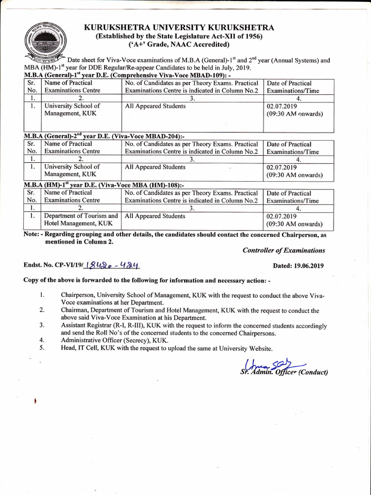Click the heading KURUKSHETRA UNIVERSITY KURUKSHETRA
pyautogui.click(x=179, y=28)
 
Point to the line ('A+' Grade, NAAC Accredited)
pyautogui.click(x=179, y=45)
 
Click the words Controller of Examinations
pyautogui.click(x=284, y=250)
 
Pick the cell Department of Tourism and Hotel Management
pyautogui.click(x=81, y=220)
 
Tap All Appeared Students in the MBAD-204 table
pyautogui.click(x=155, y=167)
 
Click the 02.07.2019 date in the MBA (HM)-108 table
pyautogui.click(x=282, y=216)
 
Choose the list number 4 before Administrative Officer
pyautogui.click(x=43, y=340)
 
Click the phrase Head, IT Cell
pyautogui.click(x=81, y=348)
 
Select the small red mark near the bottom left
pyautogui.click(x=36, y=402)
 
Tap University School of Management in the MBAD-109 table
pyautogui.click(x=72, y=110)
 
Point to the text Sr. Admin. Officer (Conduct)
pyautogui.click(x=284, y=372)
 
